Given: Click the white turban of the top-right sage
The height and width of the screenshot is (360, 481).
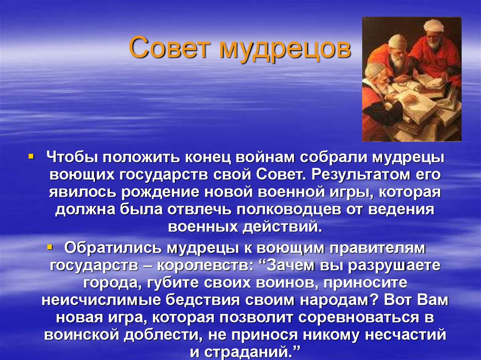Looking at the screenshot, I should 435,25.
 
